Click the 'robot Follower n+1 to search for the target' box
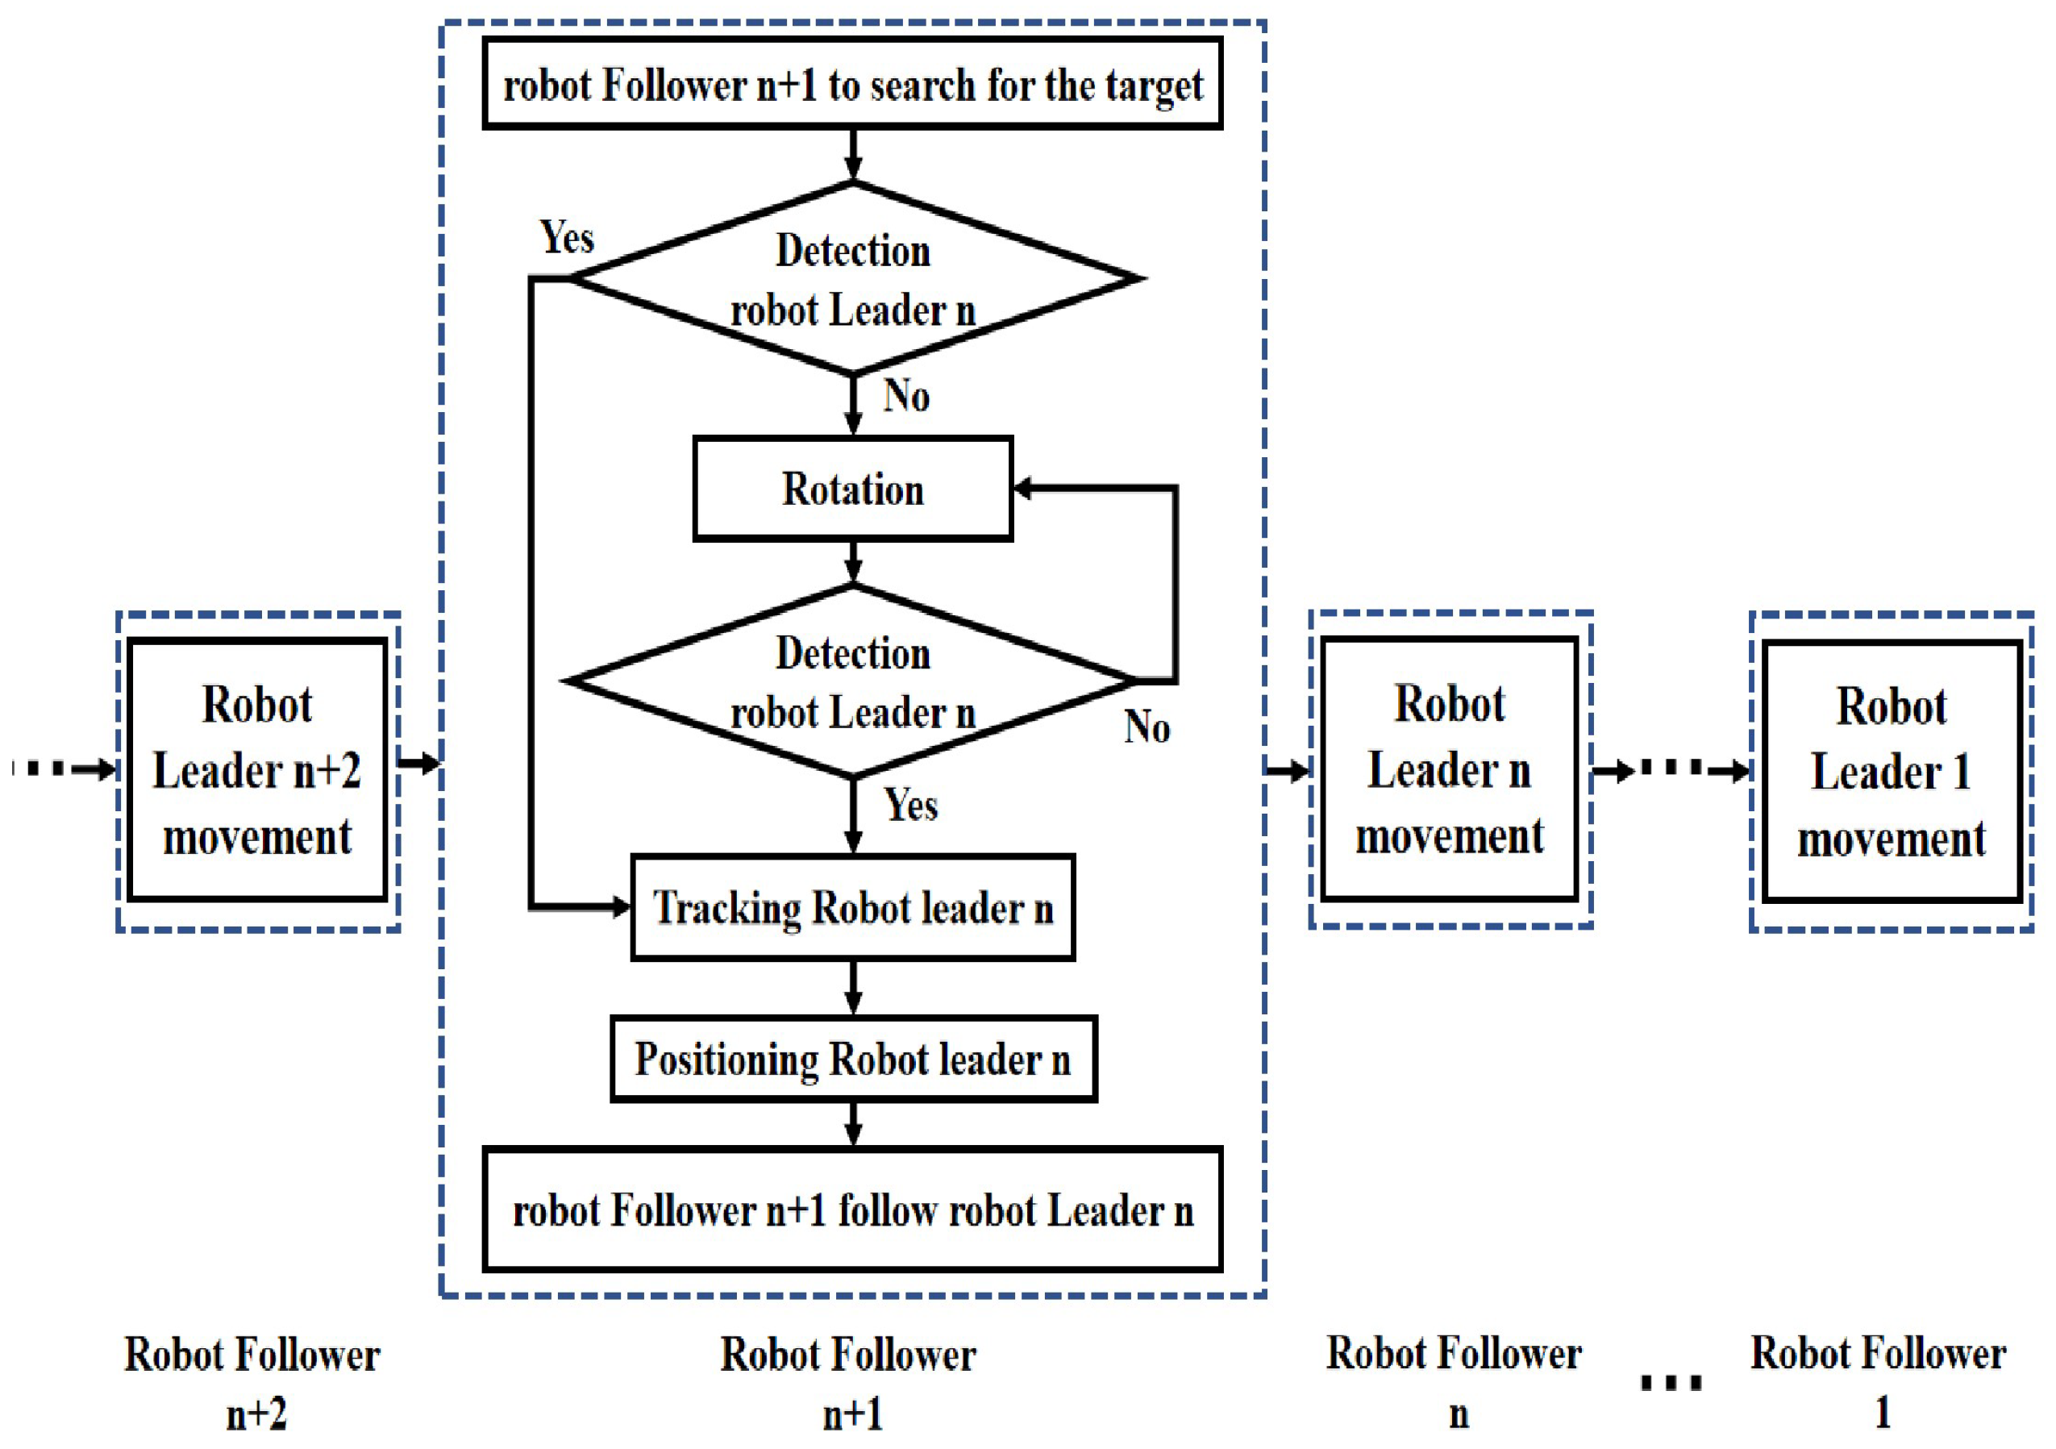[x=852, y=84]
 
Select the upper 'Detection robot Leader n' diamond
[x=852, y=278]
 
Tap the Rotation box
[x=852, y=489]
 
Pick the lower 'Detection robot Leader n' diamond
[x=852, y=681]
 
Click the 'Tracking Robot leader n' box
[x=852, y=907]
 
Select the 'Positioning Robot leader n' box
[x=852, y=1059]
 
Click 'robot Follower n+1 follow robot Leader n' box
[x=852, y=1210]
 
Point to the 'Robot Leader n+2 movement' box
[x=257, y=770]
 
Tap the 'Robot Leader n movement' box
[x=1450, y=769]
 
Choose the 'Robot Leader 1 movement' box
[x=1892, y=771]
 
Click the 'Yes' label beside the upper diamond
[x=567, y=238]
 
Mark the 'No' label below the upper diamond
[x=906, y=396]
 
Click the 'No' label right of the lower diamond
[x=1147, y=727]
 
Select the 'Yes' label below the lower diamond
[x=911, y=804]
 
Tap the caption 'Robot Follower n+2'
[x=252, y=1383]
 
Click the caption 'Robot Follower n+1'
[x=849, y=1383]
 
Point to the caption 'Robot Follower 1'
[x=1879, y=1382]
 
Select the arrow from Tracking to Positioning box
[x=853, y=989]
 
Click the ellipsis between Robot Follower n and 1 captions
[x=1671, y=1384]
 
